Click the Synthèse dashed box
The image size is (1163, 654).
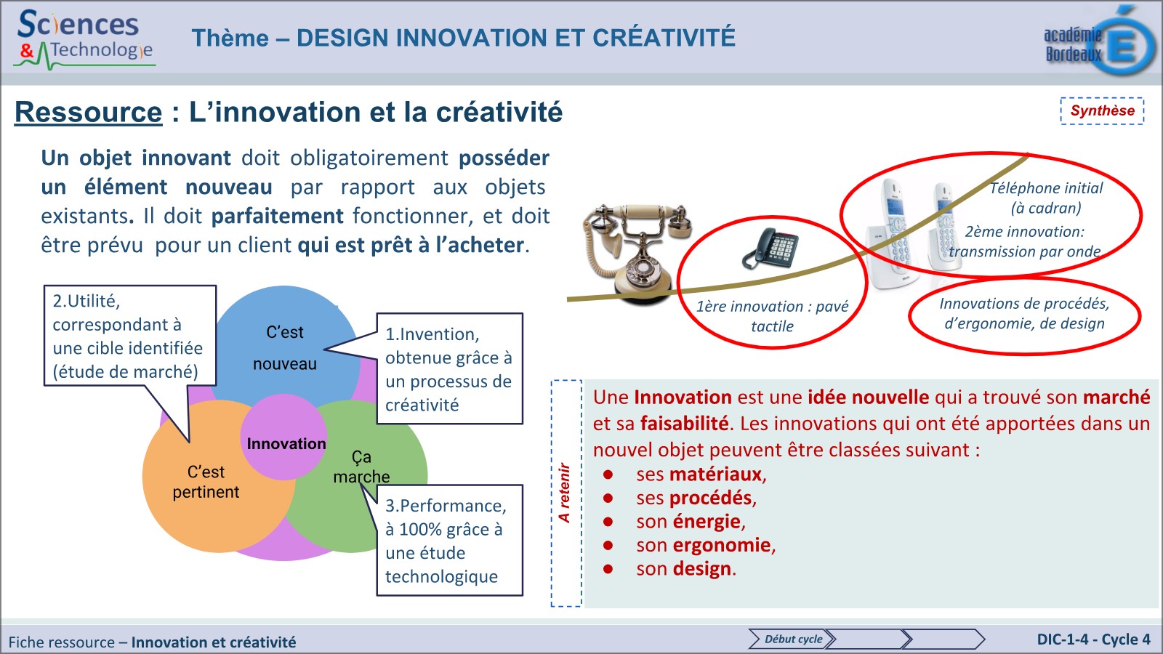pyautogui.click(x=1102, y=111)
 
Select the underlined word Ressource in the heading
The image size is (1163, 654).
pyautogui.click(x=89, y=113)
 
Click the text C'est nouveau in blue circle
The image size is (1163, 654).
pyautogui.click(x=285, y=348)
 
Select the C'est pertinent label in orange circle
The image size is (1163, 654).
pyautogui.click(x=206, y=482)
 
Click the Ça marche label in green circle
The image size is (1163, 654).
pyautogui.click(x=361, y=467)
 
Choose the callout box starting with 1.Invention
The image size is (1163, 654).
pyautogui.click(x=448, y=369)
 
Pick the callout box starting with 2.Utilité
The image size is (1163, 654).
pyautogui.click(x=128, y=336)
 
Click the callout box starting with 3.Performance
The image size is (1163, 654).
pyautogui.click(x=448, y=541)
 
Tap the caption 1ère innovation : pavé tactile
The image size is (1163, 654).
pyautogui.click(x=772, y=316)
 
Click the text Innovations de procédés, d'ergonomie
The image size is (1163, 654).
pyautogui.click(x=1023, y=313)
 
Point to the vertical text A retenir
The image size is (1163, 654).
pyautogui.click(x=565, y=493)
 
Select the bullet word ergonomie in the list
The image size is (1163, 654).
pyautogui.click(x=723, y=545)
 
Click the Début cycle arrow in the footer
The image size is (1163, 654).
pyautogui.click(x=792, y=639)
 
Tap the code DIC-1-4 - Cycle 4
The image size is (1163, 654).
pyautogui.click(x=1093, y=639)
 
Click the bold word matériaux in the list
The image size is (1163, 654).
pyautogui.click(x=716, y=475)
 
